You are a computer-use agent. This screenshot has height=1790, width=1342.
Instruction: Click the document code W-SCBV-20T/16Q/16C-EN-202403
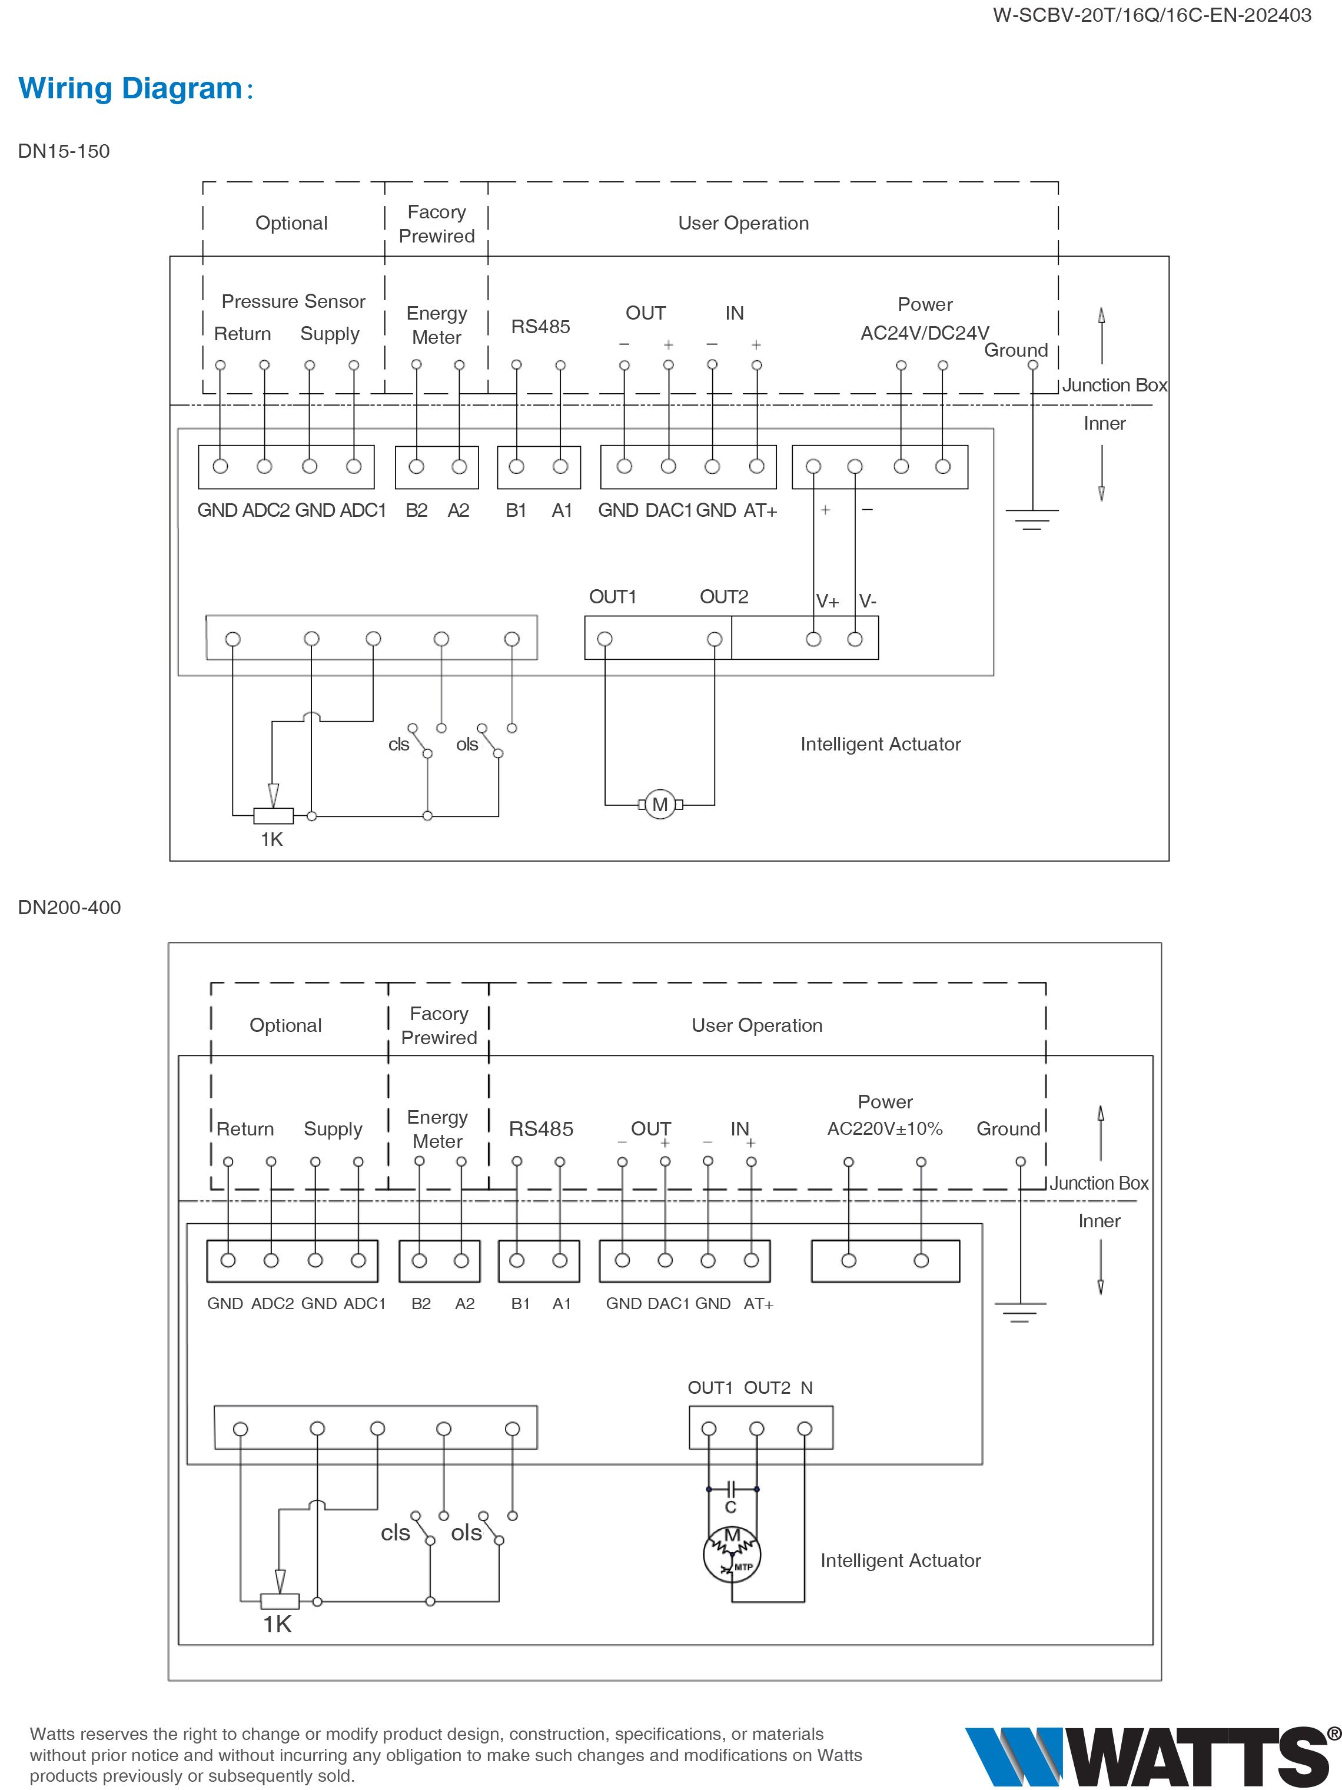(x=1152, y=15)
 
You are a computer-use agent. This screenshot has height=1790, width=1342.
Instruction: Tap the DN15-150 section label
(x=64, y=151)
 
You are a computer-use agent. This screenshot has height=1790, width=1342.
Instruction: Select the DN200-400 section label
(x=69, y=907)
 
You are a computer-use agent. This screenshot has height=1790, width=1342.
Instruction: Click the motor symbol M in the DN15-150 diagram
(x=660, y=805)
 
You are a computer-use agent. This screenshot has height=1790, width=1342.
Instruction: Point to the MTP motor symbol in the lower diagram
(x=732, y=1554)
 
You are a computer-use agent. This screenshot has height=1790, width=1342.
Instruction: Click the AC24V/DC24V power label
(x=924, y=333)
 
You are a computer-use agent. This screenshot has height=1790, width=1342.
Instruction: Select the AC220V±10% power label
(x=885, y=1129)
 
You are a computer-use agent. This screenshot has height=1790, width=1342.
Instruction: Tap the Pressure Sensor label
(x=293, y=301)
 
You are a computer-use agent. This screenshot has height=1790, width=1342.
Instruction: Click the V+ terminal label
(x=827, y=601)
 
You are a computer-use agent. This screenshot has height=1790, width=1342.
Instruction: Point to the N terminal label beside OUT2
(x=806, y=1388)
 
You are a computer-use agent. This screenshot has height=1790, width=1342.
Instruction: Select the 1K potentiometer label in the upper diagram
(x=272, y=839)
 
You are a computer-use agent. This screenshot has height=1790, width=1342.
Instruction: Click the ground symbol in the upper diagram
(x=1032, y=519)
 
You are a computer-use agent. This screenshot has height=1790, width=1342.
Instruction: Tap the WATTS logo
(x=1152, y=1755)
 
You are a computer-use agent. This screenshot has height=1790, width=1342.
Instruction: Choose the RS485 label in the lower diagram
(x=541, y=1129)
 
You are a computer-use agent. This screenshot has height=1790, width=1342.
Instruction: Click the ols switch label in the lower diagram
(x=466, y=1533)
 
